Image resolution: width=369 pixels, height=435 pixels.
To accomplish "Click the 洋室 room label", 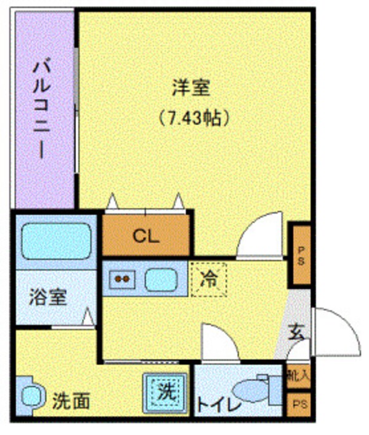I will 191,89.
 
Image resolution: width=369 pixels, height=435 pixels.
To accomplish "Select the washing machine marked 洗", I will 165,392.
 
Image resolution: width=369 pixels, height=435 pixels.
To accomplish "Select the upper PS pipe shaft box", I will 301,255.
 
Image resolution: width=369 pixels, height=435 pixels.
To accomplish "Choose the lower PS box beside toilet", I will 299,405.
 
